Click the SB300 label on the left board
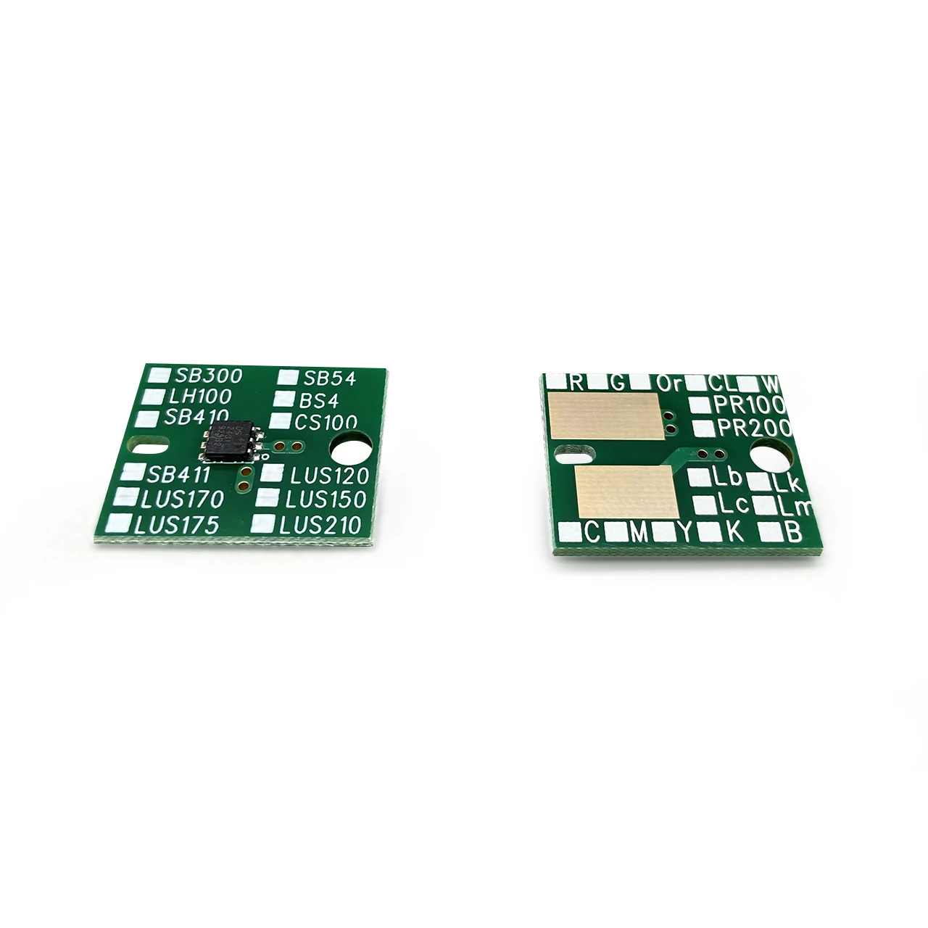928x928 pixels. tap(199, 376)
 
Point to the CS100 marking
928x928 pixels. tap(325, 422)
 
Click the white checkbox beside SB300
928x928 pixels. tap(156, 376)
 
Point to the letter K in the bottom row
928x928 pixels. tap(733, 532)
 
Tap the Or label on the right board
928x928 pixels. tap(665, 382)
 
